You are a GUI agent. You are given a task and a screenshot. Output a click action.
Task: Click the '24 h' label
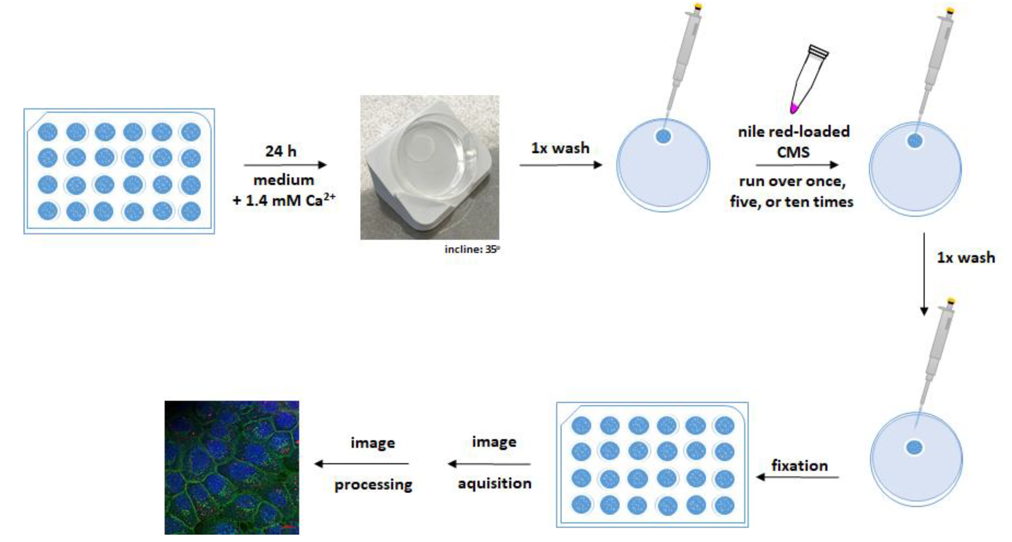[x=281, y=151]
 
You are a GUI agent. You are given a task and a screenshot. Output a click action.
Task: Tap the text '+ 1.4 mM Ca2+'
[x=284, y=201]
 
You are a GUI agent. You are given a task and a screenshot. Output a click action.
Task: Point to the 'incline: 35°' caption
[x=472, y=249]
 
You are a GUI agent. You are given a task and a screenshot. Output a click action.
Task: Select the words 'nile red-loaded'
[x=793, y=132]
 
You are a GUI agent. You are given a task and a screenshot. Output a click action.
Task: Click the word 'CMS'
[x=793, y=152]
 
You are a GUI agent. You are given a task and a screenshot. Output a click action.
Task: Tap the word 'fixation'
[x=800, y=466]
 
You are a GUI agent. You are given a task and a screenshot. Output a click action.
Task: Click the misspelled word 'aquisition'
[x=494, y=483]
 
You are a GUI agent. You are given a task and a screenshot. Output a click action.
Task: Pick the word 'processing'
[x=373, y=485]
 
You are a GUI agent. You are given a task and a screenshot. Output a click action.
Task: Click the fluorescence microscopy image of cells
[x=232, y=467]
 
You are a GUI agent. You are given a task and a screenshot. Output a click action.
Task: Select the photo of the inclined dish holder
[x=430, y=167]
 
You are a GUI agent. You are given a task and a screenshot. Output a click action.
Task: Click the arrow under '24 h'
[x=285, y=165]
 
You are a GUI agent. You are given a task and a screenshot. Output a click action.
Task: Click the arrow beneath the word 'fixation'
[x=798, y=477]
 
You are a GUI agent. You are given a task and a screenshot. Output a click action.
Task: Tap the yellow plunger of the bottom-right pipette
[x=951, y=301]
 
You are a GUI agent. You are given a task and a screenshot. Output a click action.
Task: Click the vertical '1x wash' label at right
[x=966, y=258]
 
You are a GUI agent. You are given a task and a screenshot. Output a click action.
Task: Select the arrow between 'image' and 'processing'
[x=361, y=464]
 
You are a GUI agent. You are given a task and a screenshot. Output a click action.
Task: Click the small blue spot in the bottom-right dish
[x=914, y=447]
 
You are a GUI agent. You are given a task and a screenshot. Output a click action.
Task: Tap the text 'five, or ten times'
[x=792, y=202]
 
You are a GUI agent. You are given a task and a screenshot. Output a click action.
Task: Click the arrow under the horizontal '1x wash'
[x=561, y=165]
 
